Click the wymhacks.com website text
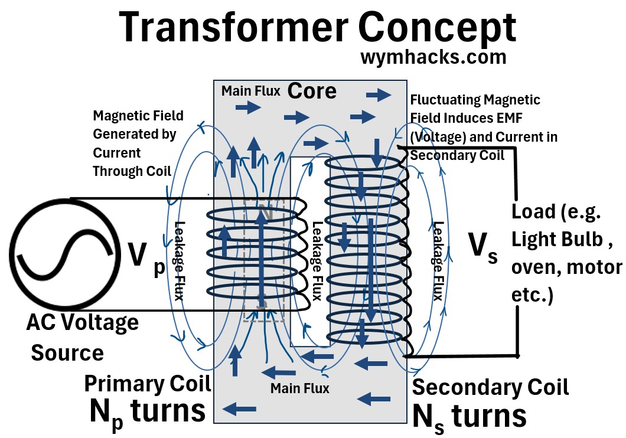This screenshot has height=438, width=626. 433,58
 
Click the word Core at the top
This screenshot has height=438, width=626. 312,91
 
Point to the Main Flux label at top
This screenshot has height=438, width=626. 251,91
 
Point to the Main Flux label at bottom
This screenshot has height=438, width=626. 299,388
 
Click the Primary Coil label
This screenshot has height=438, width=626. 147,383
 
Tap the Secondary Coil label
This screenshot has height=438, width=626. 490,387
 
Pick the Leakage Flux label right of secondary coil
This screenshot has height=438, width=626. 438,260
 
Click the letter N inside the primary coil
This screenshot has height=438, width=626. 265,213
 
